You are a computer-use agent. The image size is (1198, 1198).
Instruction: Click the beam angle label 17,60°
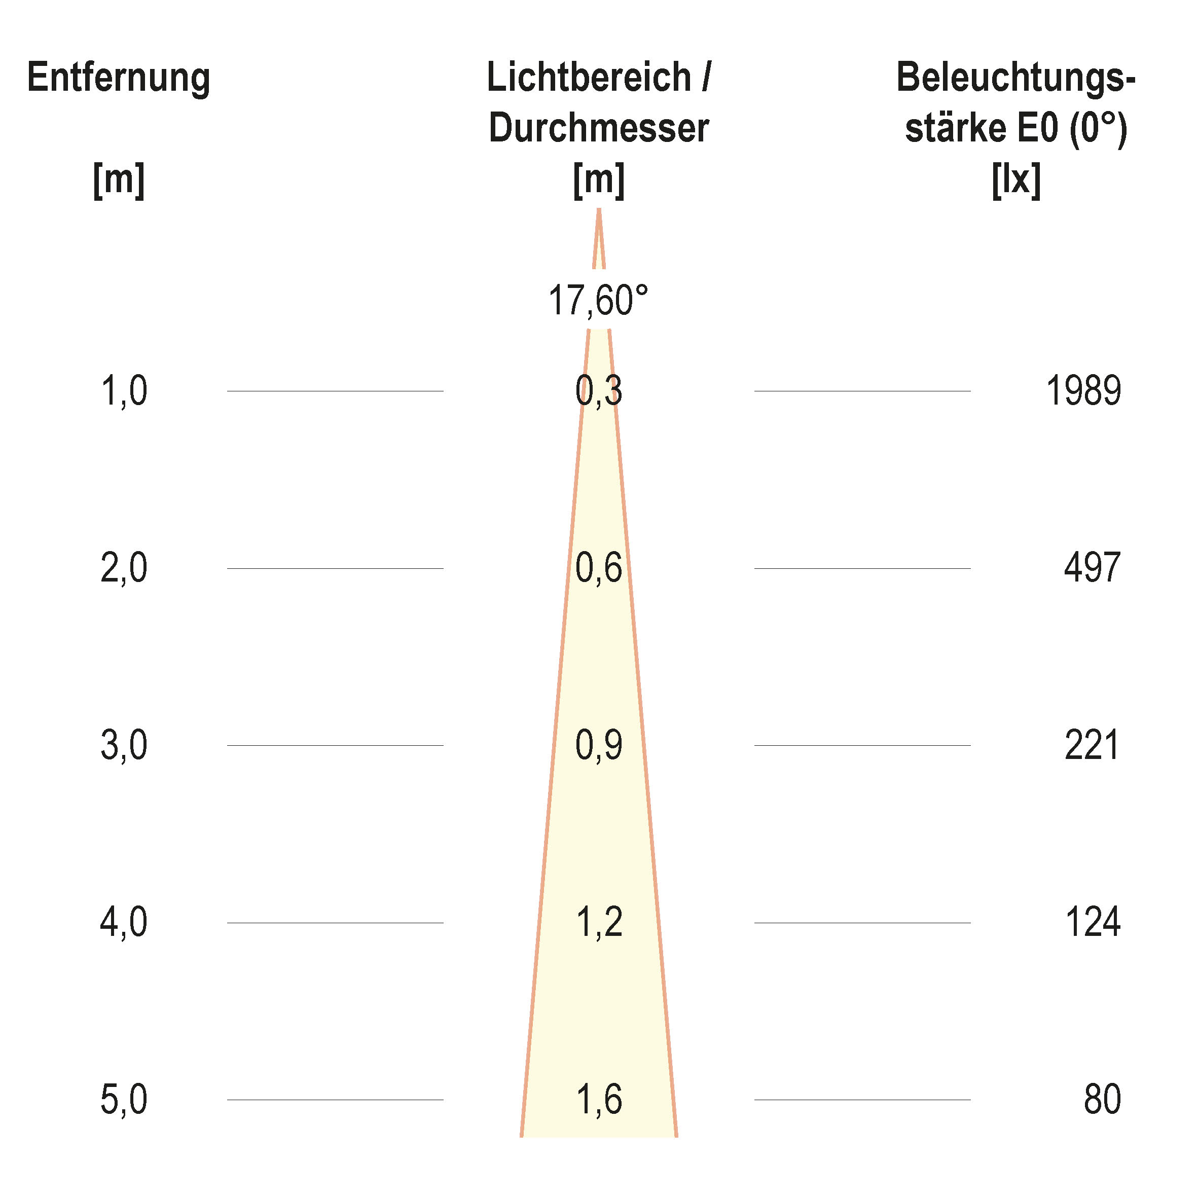[x=598, y=300]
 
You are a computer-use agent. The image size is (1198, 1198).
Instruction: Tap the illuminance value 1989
[x=1083, y=391]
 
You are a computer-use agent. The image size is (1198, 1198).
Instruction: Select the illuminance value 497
[x=1092, y=568]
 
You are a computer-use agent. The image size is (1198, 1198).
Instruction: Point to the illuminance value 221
[x=1092, y=745]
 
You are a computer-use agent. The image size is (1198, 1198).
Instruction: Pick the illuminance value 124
[x=1093, y=922]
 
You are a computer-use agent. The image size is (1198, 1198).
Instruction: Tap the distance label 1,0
[x=124, y=391]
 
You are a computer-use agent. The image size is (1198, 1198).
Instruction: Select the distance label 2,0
[x=124, y=568]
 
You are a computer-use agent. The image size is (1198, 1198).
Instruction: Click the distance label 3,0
[x=124, y=745]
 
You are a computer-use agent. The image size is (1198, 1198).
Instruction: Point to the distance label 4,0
[x=124, y=922]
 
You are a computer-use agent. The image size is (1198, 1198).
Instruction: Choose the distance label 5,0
[x=124, y=1100]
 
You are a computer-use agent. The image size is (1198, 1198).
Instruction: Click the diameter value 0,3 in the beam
[x=598, y=391]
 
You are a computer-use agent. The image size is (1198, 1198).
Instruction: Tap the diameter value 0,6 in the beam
[x=598, y=568]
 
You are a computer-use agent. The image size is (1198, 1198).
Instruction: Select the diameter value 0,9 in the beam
[x=598, y=745]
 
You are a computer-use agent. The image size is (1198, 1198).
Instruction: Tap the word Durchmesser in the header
[x=598, y=128]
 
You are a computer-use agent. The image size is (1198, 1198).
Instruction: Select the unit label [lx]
[x=1015, y=180]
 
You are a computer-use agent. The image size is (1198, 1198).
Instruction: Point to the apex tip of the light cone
[x=598, y=211]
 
